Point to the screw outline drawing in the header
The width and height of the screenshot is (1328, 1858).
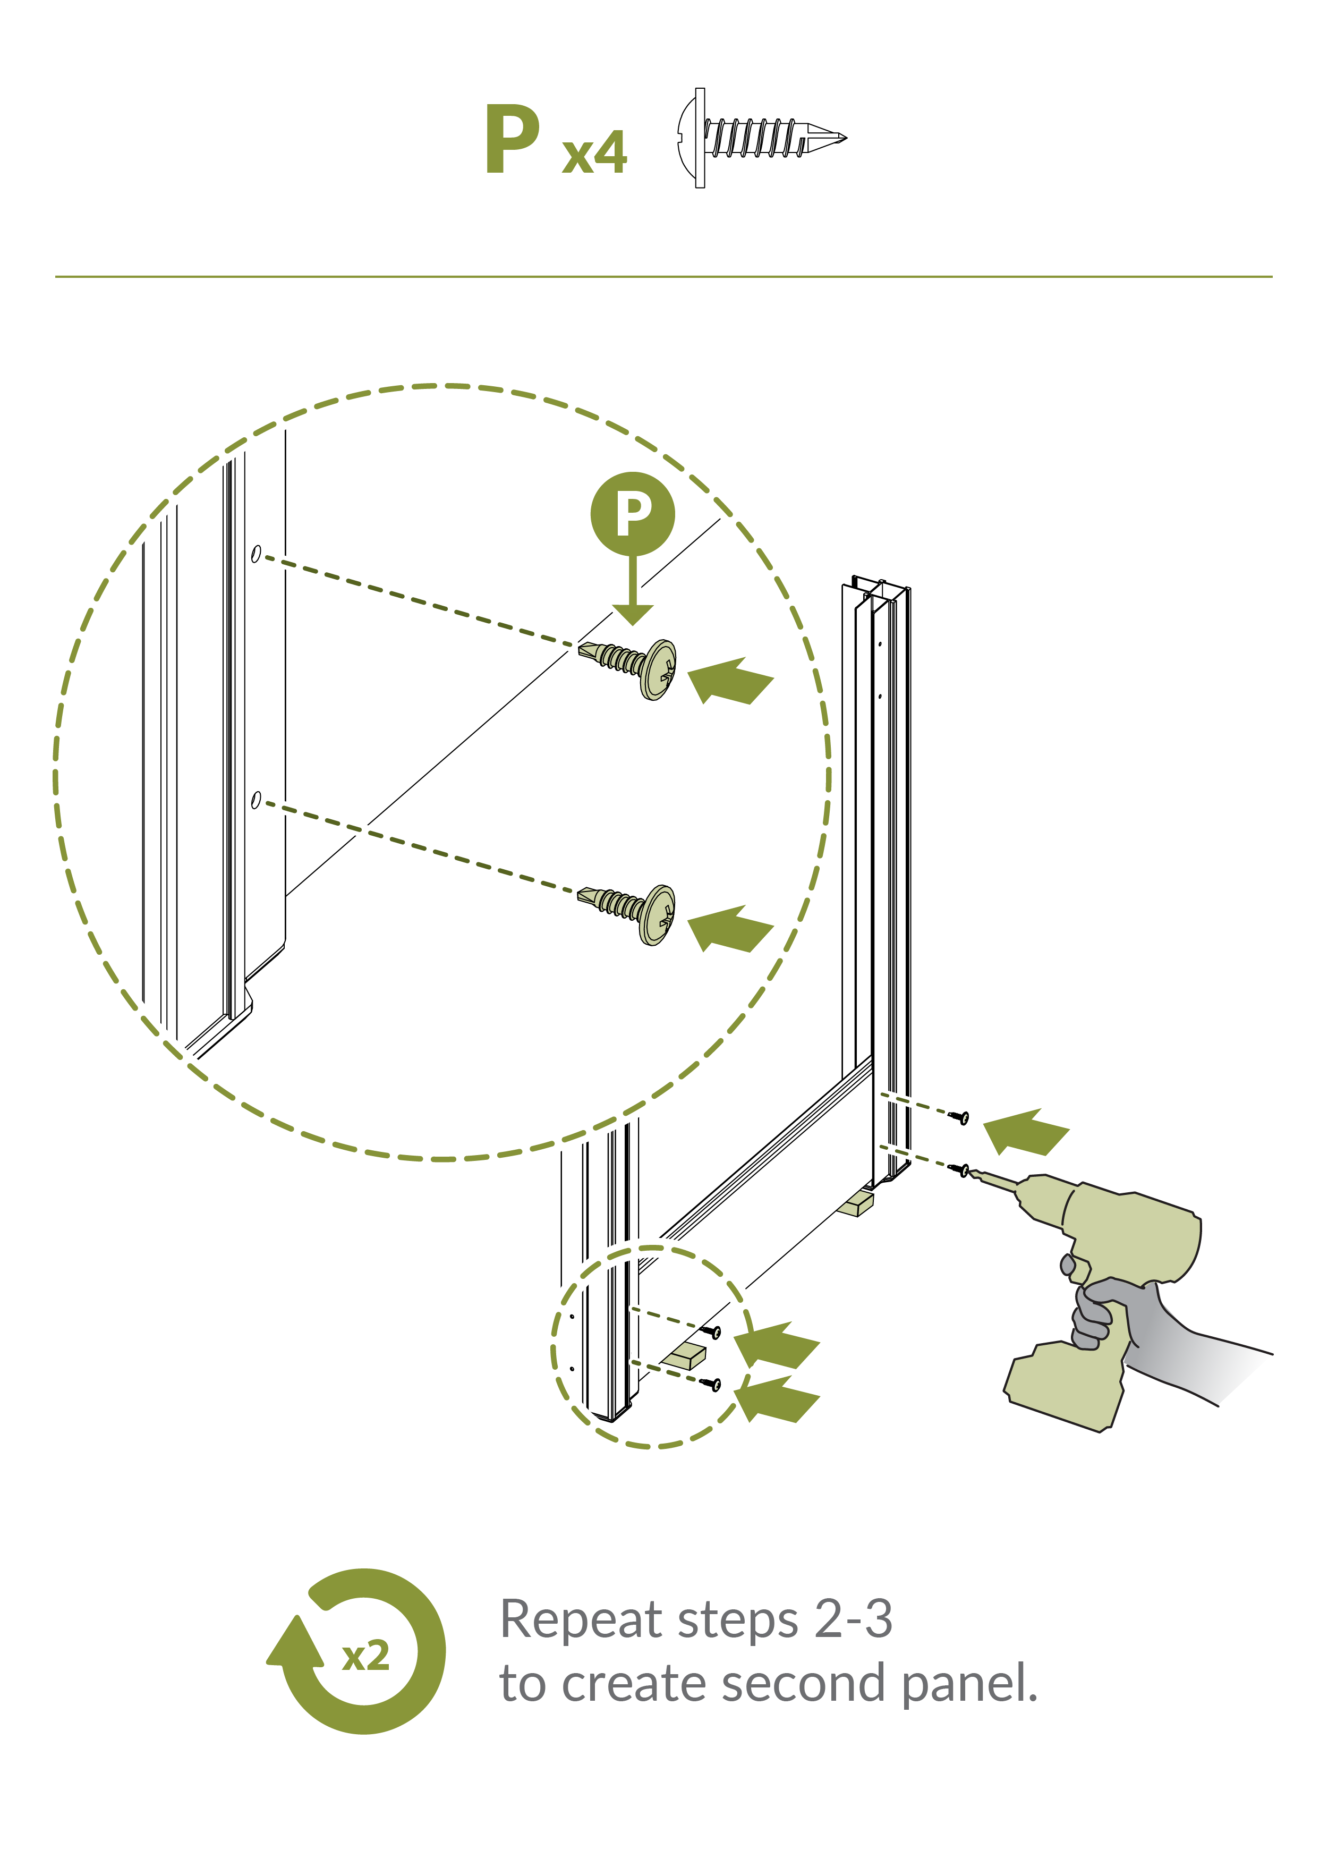[x=761, y=138]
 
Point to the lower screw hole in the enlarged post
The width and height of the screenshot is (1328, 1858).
[x=256, y=800]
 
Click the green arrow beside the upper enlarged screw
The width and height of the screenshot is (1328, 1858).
[x=730, y=681]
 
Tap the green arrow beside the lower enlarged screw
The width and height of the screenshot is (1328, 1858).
[x=730, y=929]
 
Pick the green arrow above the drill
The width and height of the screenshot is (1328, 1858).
[x=1025, y=1132]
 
